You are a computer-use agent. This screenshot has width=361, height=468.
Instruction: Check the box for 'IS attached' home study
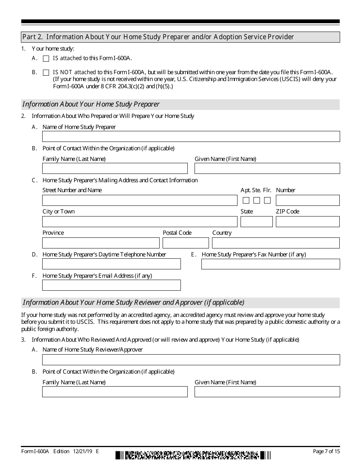[46, 59]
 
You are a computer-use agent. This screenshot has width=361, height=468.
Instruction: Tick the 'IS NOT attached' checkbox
[46, 72]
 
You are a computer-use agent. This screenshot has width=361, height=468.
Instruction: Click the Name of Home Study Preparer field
[191, 137]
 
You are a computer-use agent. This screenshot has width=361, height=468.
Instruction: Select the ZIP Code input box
[307, 222]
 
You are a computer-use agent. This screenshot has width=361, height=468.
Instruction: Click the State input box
[256, 222]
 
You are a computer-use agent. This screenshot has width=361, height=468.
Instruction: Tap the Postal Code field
[185, 243]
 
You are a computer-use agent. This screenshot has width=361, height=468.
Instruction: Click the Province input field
[101, 243]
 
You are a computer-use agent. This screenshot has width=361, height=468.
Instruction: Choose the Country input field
[275, 243]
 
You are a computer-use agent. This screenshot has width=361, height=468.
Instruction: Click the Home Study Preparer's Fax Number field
[270, 264]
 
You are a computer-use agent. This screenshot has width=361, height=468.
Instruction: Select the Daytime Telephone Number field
[111, 264]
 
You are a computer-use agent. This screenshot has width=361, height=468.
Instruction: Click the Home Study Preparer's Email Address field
[111, 285]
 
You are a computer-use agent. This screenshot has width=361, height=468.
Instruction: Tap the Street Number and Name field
[139, 201]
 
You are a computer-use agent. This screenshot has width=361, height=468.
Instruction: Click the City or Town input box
[139, 222]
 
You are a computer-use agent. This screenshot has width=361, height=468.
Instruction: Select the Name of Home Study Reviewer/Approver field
[191, 360]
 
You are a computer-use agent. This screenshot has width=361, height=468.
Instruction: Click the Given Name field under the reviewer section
[267, 392]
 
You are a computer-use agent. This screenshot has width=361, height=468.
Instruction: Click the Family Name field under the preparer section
[115, 169]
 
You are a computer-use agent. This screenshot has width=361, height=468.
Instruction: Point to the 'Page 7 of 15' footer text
[326, 452]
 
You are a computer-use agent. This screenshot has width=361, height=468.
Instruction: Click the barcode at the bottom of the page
[193, 455]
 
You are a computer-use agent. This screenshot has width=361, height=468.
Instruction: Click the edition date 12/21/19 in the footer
[82, 452]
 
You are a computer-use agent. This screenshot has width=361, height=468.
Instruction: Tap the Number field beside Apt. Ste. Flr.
[307, 201]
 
